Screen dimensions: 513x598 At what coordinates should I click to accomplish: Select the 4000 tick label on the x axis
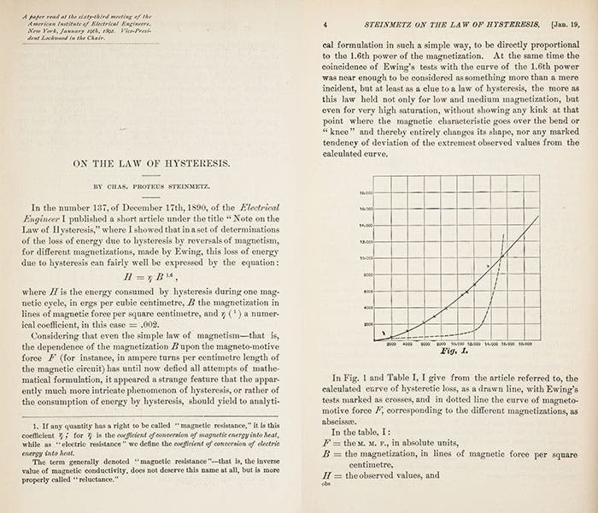point(407,343)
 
